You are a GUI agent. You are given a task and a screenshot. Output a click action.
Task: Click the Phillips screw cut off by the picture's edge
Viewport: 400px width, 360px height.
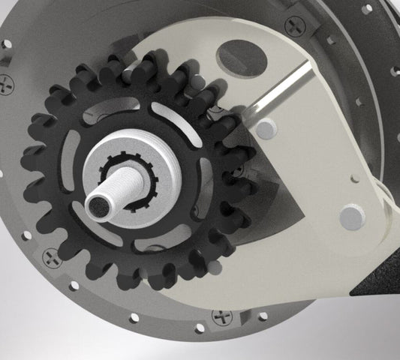(6, 84)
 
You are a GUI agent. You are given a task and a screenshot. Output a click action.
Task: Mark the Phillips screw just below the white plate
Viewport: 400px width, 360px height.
(222, 316)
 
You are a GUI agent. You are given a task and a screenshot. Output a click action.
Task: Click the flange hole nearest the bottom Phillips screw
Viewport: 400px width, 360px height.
(200, 328)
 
